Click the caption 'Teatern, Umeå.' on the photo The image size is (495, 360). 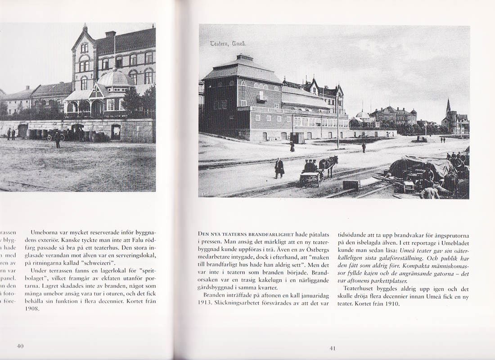(228, 44)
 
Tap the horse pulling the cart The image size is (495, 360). (328, 164)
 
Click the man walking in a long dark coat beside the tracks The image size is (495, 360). (279, 168)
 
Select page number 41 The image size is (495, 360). (333, 348)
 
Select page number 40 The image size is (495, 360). (20, 346)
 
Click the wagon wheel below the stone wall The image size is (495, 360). (50, 137)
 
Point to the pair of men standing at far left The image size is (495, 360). (11, 133)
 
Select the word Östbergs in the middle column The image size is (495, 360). (316, 250)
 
